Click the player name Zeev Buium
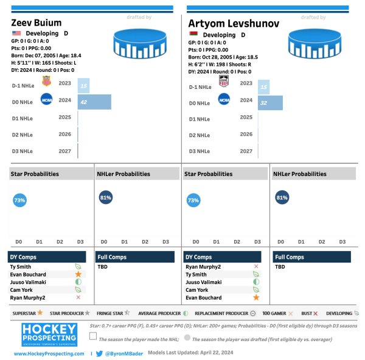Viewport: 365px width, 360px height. pyautogui.click(x=36, y=23)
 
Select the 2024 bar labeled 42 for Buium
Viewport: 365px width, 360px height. pyautogui.click(x=94, y=102)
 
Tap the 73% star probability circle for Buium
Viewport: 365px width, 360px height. pyautogui.click(x=19, y=200)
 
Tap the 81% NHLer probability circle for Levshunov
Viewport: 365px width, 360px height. pyautogui.click(x=282, y=197)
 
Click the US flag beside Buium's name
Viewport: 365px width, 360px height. pyautogui.click(x=16, y=34)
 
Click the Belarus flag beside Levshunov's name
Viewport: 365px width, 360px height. pyautogui.click(x=193, y=34)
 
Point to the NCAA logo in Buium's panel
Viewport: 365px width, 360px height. pyautogui.click(x=46, y=99)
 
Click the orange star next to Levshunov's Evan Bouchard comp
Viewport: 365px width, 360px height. pyautogui.click(x=256, y=298)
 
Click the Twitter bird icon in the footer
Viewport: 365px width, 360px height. pyautogui.click(x=99, y=353)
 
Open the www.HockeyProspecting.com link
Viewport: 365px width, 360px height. pyautogui.click(x=49, y=354)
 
